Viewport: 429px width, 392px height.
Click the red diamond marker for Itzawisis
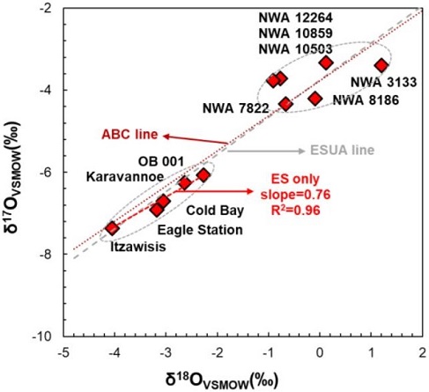coord(112,228)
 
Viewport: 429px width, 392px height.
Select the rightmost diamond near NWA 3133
coord(381,65)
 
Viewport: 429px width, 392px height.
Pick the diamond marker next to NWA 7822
coord(285,104)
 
